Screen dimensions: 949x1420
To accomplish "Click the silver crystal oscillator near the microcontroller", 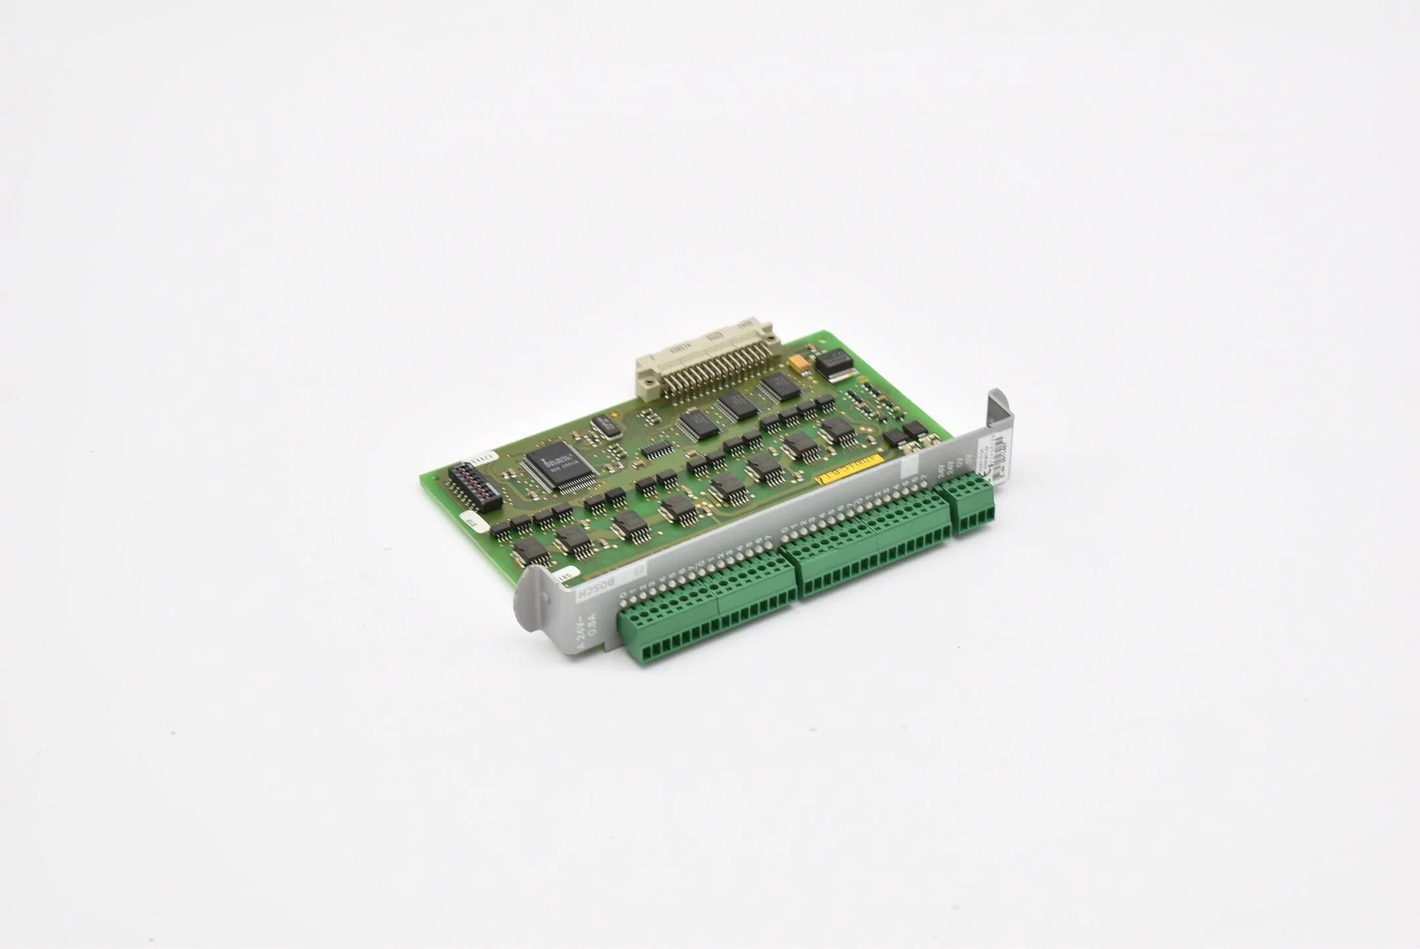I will click(x=604, y=426).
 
